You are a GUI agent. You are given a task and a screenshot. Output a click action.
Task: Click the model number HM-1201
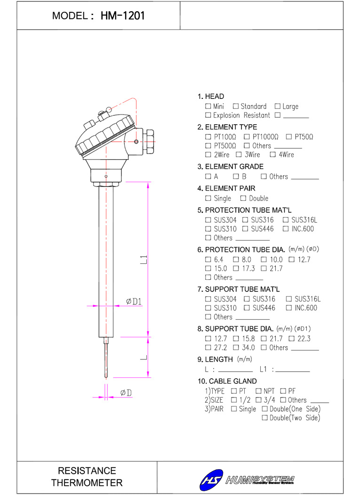pyautogui.click(x=123, y=16)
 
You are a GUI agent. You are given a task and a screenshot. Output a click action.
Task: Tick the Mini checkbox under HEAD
pyautogui.click(x=208, y=106)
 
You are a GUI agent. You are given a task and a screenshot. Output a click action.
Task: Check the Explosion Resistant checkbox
pyautogui.click(x=208, y=115)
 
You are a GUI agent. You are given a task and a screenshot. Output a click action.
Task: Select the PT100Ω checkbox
pyautogui.click(x=208, y=137)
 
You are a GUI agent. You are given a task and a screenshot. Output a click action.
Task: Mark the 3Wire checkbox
pyautogui.click(x=239, y=154)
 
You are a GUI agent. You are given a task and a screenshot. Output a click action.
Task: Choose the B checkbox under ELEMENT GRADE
pyautogui.click(x=236, y=176)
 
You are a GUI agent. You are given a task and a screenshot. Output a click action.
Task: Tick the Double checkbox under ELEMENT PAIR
pyautogui.click(x=243, y=198)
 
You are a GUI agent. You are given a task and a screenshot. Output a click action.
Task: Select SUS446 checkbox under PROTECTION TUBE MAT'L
pyautogui.click(x=245, y=228)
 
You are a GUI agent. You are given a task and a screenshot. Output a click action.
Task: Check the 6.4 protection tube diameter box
pyautogui.click(x=208, y=260)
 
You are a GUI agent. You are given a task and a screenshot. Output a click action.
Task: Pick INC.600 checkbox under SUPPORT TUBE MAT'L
pyautogui.click(x=288, y=308)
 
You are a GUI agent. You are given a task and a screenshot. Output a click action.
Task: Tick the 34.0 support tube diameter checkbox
pyautogui.click(x=236, y=348)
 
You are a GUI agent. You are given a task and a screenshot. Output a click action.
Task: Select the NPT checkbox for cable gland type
pyautogui.click(x=258, y=391)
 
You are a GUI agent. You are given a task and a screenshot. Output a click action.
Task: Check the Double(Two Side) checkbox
pyautogui.click(x=265, y=418)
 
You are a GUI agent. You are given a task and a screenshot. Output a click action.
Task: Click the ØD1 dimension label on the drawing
pyautogui.click(x=134, y=301)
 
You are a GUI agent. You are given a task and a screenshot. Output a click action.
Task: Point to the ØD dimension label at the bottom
pyautogui.click(x=126, y=393)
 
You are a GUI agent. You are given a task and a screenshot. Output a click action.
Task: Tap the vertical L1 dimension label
pyautogui.click(x=144, y=260)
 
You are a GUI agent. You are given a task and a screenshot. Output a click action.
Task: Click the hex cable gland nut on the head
pyautogui.click(x=148, y=141)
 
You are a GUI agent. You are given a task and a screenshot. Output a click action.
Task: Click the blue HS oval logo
pyautogui.click(x=211, y=480)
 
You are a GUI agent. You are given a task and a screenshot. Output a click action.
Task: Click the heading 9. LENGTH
pyautogui.click(x=215, y=359)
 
